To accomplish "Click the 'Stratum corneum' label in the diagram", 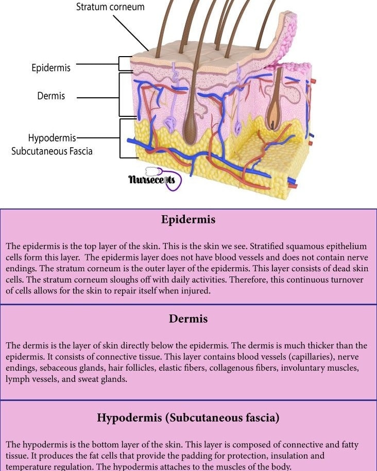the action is click(110, 7).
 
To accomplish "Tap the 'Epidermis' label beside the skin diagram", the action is click(51, 67).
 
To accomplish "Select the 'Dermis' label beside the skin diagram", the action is click(51, 96).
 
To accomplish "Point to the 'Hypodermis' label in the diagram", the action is click(52, 138).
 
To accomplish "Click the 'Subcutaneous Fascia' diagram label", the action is click(52, 151).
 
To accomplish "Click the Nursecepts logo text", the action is click(151, 180).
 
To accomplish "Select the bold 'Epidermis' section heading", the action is click(188, 219).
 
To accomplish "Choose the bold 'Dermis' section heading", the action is click(188, 319).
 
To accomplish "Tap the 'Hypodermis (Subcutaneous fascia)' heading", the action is click(188, 418).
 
